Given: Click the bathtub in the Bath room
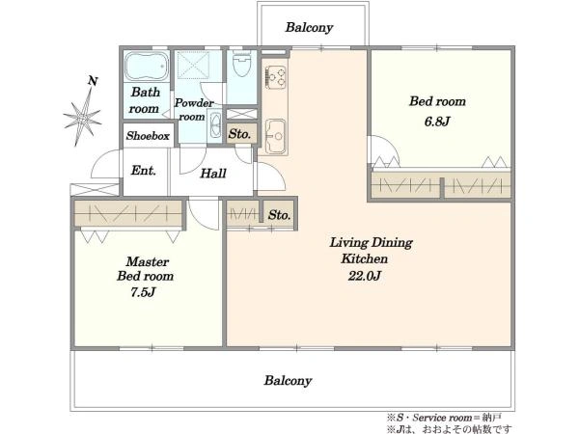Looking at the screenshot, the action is tap(147, 66).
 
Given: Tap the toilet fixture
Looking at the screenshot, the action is tap(242, 63).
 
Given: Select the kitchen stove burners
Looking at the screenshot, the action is tap(276, 77).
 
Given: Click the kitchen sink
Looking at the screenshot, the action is tap(275, 136).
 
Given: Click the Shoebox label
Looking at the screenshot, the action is tap(148, 136).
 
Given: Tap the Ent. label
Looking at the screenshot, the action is tap(143, 171).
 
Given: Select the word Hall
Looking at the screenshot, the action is tap(213, 173).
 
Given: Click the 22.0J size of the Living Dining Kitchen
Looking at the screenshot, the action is tap(364, 276).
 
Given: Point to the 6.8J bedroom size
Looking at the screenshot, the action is tap(437, 122).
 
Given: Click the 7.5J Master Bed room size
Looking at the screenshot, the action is tap(143, 292).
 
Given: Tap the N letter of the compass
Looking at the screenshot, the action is tap(93, 81).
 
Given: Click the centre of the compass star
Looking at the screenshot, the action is tap(83, 119).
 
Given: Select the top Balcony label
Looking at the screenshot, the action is tap(309, 27).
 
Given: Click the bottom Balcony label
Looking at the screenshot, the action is tap(288, 380).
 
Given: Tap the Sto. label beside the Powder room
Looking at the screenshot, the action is tap(239, 134).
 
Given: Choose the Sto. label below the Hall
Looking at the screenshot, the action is tap(279, 215).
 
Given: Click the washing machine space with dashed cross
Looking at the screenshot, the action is tap(193, 65).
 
